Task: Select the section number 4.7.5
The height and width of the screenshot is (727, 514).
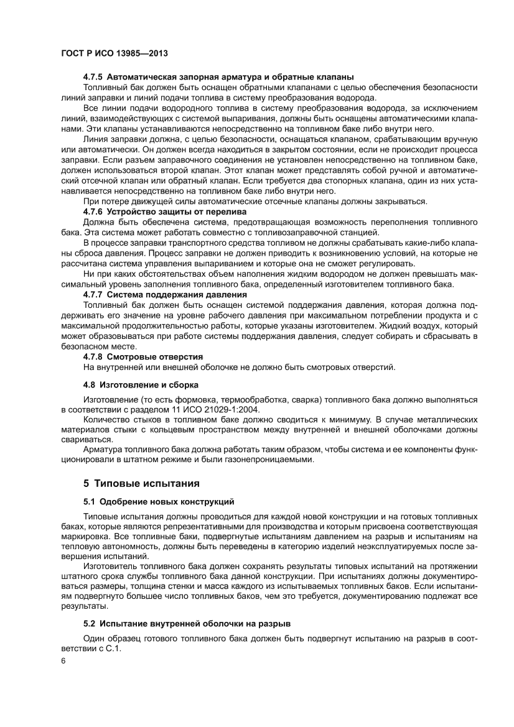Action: [93, 77]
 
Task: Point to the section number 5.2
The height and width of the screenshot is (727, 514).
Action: [90, 623]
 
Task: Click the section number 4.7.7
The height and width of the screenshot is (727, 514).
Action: [93, 294]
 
